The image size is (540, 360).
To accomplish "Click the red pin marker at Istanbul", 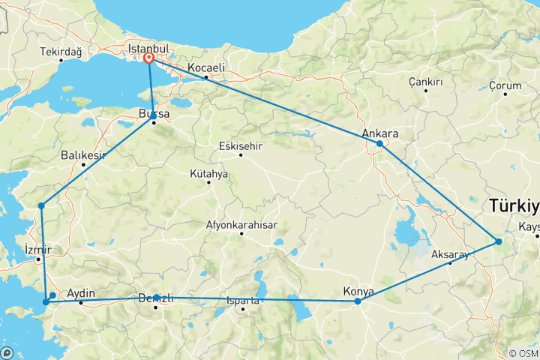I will click(149, 58).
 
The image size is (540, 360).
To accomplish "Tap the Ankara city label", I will click(379, 133).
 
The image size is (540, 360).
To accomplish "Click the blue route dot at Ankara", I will click(379, 143).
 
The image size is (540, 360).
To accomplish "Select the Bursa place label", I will click(154, 114).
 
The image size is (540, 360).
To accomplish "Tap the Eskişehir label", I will click(240, 145).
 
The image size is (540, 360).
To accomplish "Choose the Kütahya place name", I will click(208, 173).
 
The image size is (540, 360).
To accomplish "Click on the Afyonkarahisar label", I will click(241, 225).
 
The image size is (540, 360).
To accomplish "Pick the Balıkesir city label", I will click(83, 156).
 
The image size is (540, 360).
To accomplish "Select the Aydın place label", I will click(81, 292).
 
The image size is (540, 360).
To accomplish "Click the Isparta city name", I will click(241, 301).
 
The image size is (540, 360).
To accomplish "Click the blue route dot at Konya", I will click(358, 301).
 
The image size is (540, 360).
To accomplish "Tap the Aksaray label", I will click(450, 254).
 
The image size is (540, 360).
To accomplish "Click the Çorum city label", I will click(505, 86).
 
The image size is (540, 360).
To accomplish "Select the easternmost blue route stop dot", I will click(499, 241).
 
